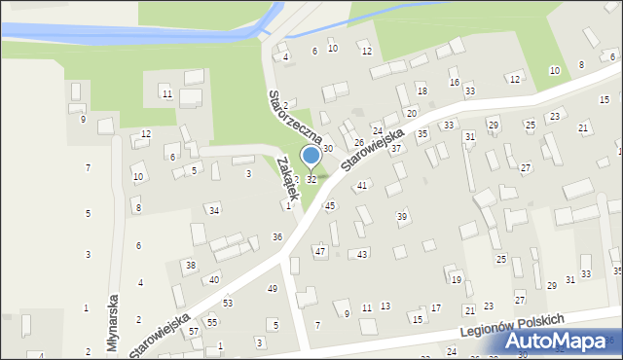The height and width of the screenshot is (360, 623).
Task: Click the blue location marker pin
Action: click(311, 157)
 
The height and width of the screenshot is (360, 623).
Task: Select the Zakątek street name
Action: click(284, 178)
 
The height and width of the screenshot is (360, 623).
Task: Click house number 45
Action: click(330, 205)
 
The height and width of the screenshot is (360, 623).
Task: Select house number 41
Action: click(361, 185)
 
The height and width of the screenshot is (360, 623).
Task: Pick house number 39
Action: click(402, 216)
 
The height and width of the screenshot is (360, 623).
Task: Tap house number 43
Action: click(362, 254)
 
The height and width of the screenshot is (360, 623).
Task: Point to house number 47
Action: click(319, 251)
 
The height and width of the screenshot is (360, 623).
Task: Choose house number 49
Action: click(273, 289)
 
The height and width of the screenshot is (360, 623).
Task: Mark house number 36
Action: click(277, 237)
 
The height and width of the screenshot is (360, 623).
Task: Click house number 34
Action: click(214, 210)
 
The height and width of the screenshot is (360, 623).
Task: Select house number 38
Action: click(191, 265)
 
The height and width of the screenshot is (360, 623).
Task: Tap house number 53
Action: click(228, 304)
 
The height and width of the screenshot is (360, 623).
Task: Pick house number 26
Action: click(358, 143)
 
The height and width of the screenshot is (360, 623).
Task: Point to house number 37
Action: click(396, 149)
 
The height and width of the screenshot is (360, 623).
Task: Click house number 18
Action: click(421, 90)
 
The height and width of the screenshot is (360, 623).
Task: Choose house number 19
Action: click(456, 280)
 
